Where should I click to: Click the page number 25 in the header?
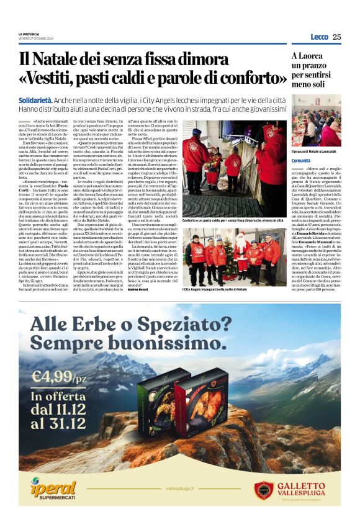coord(336,37)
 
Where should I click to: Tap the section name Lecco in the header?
coord(319,37)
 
